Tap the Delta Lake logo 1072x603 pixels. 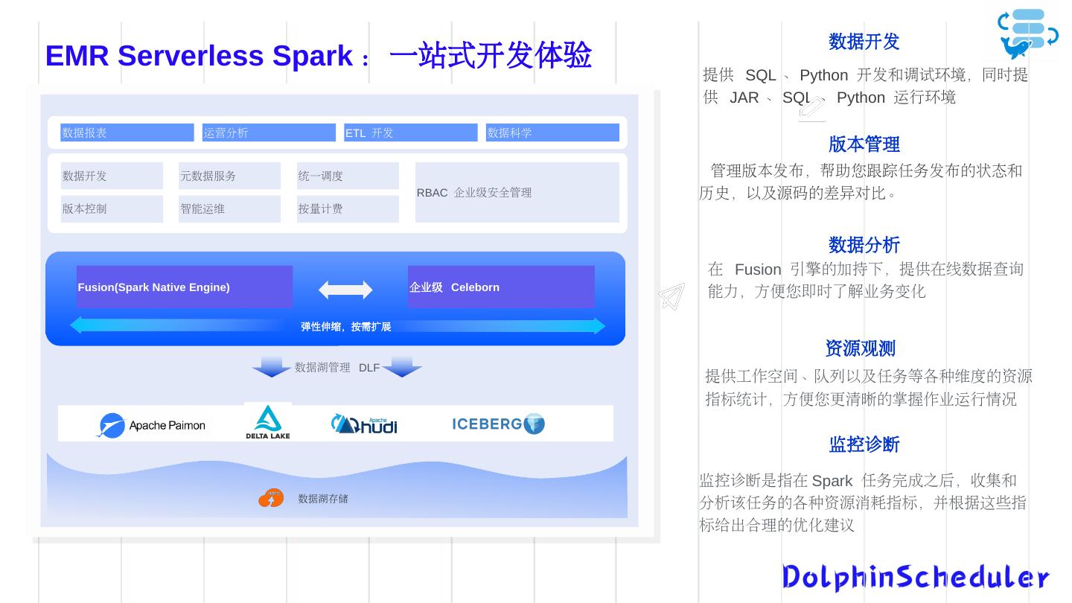pyautogui.click(x=267, y=422)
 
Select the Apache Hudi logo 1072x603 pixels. pyautogui.click(x=364, y=424)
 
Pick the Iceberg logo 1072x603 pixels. pyautogui.click(x=498, y=424)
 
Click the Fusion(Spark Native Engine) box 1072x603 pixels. pyautogui.click(x=184, y=287)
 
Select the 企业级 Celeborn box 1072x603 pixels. pyautogui.click(x=500, y=287)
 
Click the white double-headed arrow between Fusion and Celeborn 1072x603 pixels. pyautogui.click(x=345, y=290)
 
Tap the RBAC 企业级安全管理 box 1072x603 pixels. pyautogui.click(x=517, y=192)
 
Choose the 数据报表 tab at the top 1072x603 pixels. pyautogui.click(x=127, y=133)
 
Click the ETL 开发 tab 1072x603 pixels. pyautogui.click(x=410, y=133)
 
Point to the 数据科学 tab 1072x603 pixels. pyautogui.click(x=552, y=133)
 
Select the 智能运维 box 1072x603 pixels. pyautogui.click(x=229, y=209)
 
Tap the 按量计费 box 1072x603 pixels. pyautogui.click(x=347, y=209)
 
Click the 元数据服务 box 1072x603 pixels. pyautogui.click(x=229, y=176)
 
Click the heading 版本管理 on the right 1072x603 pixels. pyautogui.click(x=864, y=144)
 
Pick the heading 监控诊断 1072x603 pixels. pyautogui.click(x=864, y=444)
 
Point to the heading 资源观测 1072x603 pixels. pyautogui.click(x=860, y=348)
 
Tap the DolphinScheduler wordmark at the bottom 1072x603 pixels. pyautogui.click(x=915, y=578)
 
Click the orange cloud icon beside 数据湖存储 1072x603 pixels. pyautogui.click(x=271, y=498)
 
